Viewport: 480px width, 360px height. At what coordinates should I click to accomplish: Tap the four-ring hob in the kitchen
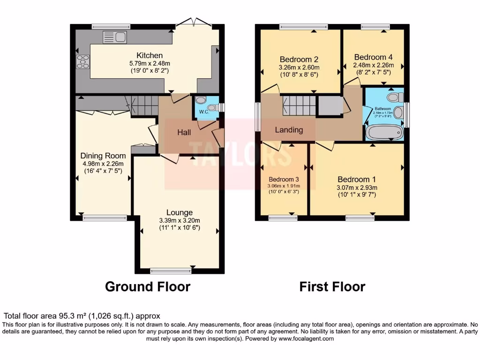point(83,61)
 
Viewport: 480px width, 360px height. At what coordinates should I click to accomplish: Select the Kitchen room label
point(150,55)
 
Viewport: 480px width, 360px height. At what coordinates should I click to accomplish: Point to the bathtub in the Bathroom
point(384,132)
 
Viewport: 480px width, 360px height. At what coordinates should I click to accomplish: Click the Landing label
point(289,130)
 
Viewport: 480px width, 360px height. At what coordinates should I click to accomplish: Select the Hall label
point(184,133)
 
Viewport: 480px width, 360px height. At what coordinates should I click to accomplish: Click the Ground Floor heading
point(148,286)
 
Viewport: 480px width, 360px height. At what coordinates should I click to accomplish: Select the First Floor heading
point(332,286)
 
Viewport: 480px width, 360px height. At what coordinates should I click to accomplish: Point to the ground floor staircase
point(144,105)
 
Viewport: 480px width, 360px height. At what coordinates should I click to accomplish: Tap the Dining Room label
point(103,156)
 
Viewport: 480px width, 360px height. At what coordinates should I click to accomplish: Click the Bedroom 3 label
point(284,179)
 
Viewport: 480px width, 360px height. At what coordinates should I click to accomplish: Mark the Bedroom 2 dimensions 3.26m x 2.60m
point(299,67)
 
